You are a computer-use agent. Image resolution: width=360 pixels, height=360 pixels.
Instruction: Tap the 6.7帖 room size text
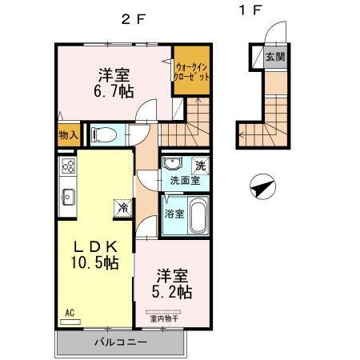[114, 95]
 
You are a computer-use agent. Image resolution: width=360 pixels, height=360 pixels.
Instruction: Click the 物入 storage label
[68, 135]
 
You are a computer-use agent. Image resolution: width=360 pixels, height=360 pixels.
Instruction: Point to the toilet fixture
[103, 134]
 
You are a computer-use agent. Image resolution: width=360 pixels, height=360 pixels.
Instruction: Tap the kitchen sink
[67, 195]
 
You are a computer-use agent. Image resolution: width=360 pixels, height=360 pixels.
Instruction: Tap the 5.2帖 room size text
[173, 293]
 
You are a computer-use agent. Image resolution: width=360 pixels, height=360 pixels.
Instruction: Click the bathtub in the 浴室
[196, 216]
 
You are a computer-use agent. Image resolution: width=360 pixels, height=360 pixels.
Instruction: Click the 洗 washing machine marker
[201, 165]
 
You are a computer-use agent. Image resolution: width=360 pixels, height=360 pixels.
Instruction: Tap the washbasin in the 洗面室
[171, 164]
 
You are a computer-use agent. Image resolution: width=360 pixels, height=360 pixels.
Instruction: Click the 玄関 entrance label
[275, 57]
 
